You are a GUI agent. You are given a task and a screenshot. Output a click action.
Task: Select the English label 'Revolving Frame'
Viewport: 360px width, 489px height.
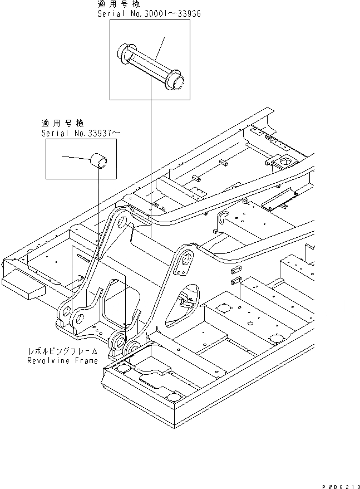pos(62,360)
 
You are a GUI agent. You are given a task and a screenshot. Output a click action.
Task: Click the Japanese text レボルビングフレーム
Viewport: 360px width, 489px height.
pos(63,351)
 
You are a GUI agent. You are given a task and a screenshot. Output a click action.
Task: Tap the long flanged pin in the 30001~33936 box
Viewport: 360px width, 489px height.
pos(150,65)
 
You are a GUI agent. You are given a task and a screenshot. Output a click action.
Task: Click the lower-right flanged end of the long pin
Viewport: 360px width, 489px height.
pos(176,81)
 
